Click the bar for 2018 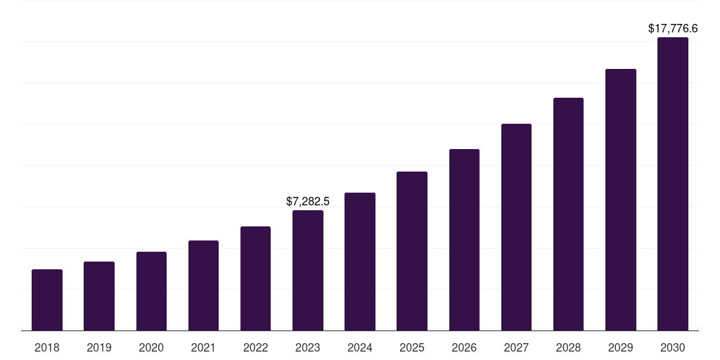[47, 300]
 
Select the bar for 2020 [151, 291]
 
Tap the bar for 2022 [255, 278]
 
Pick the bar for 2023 [308, 270]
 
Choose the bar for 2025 [412, 251]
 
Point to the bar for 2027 [516, 227]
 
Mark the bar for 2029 [621, 200]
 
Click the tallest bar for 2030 [673, 184]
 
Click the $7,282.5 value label [308, 202]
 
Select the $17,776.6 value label [673, 29]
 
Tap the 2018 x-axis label [47, 347]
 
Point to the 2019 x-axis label [99, 347]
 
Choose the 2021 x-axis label [203, 347]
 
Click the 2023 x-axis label [308, 347]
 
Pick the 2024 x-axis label [360, 347]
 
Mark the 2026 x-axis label [464, 347]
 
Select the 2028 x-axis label [568, 347]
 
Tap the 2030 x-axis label [673, 347]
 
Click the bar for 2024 [360, 262]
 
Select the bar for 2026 [464, 240]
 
